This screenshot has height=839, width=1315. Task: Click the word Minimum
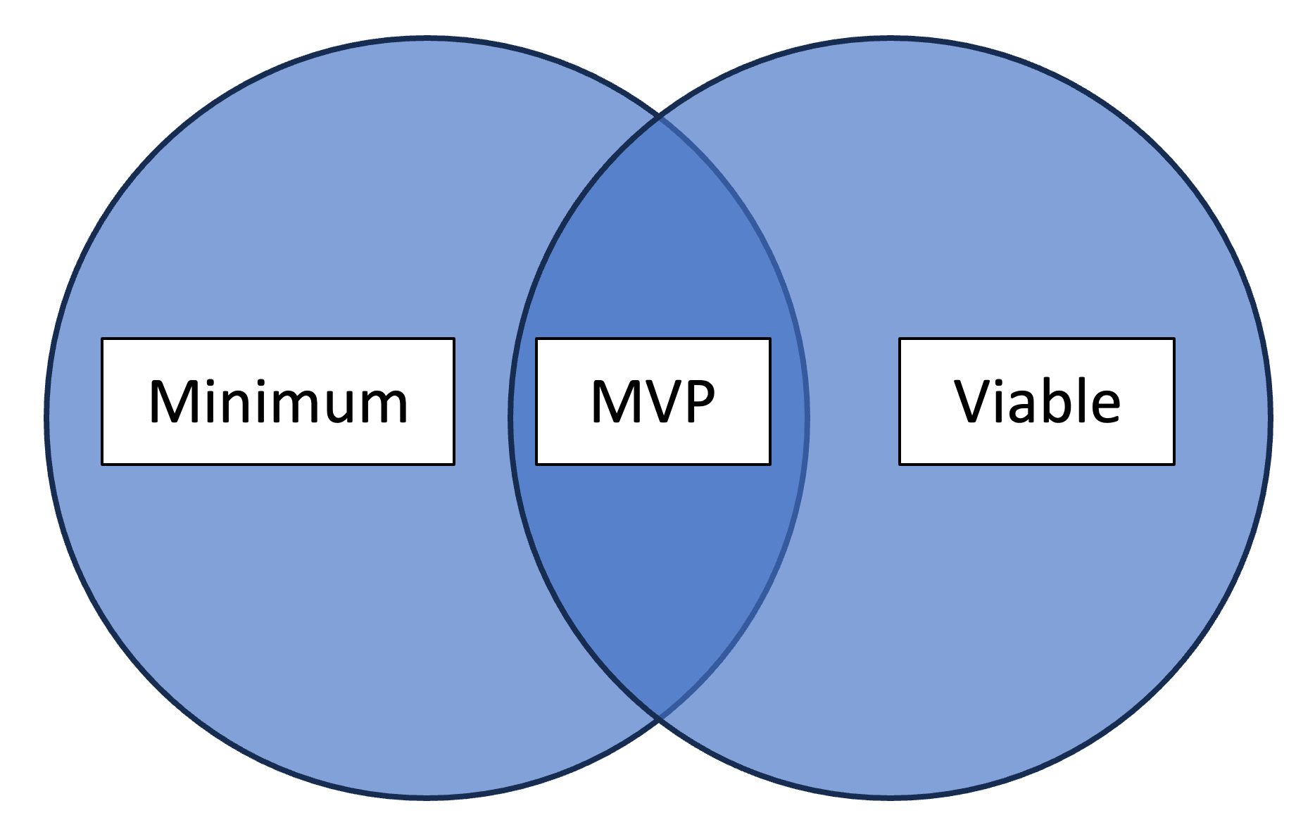[x=278, y=402]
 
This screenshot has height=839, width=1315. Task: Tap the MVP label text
[x=653, y=402]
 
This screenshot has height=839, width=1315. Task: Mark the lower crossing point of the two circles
[x=659, y=718]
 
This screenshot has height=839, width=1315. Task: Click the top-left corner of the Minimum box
[x=103, y=339]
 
